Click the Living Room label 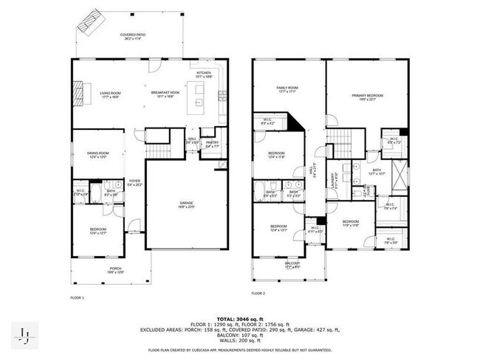click(x=110, y=94)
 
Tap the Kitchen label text click(x=203, y=74)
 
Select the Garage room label click(x=187, y=204)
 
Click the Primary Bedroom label click(x=367, y=97)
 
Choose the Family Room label click(x=287, y=89)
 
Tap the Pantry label click(x=212, y=145)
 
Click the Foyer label click(x=134, y=182)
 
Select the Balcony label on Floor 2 click(x=293, y=264)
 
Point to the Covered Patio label click(x=133, y=36)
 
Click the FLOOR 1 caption click(x=78, y=297)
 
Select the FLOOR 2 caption click(x=257, y=293)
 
